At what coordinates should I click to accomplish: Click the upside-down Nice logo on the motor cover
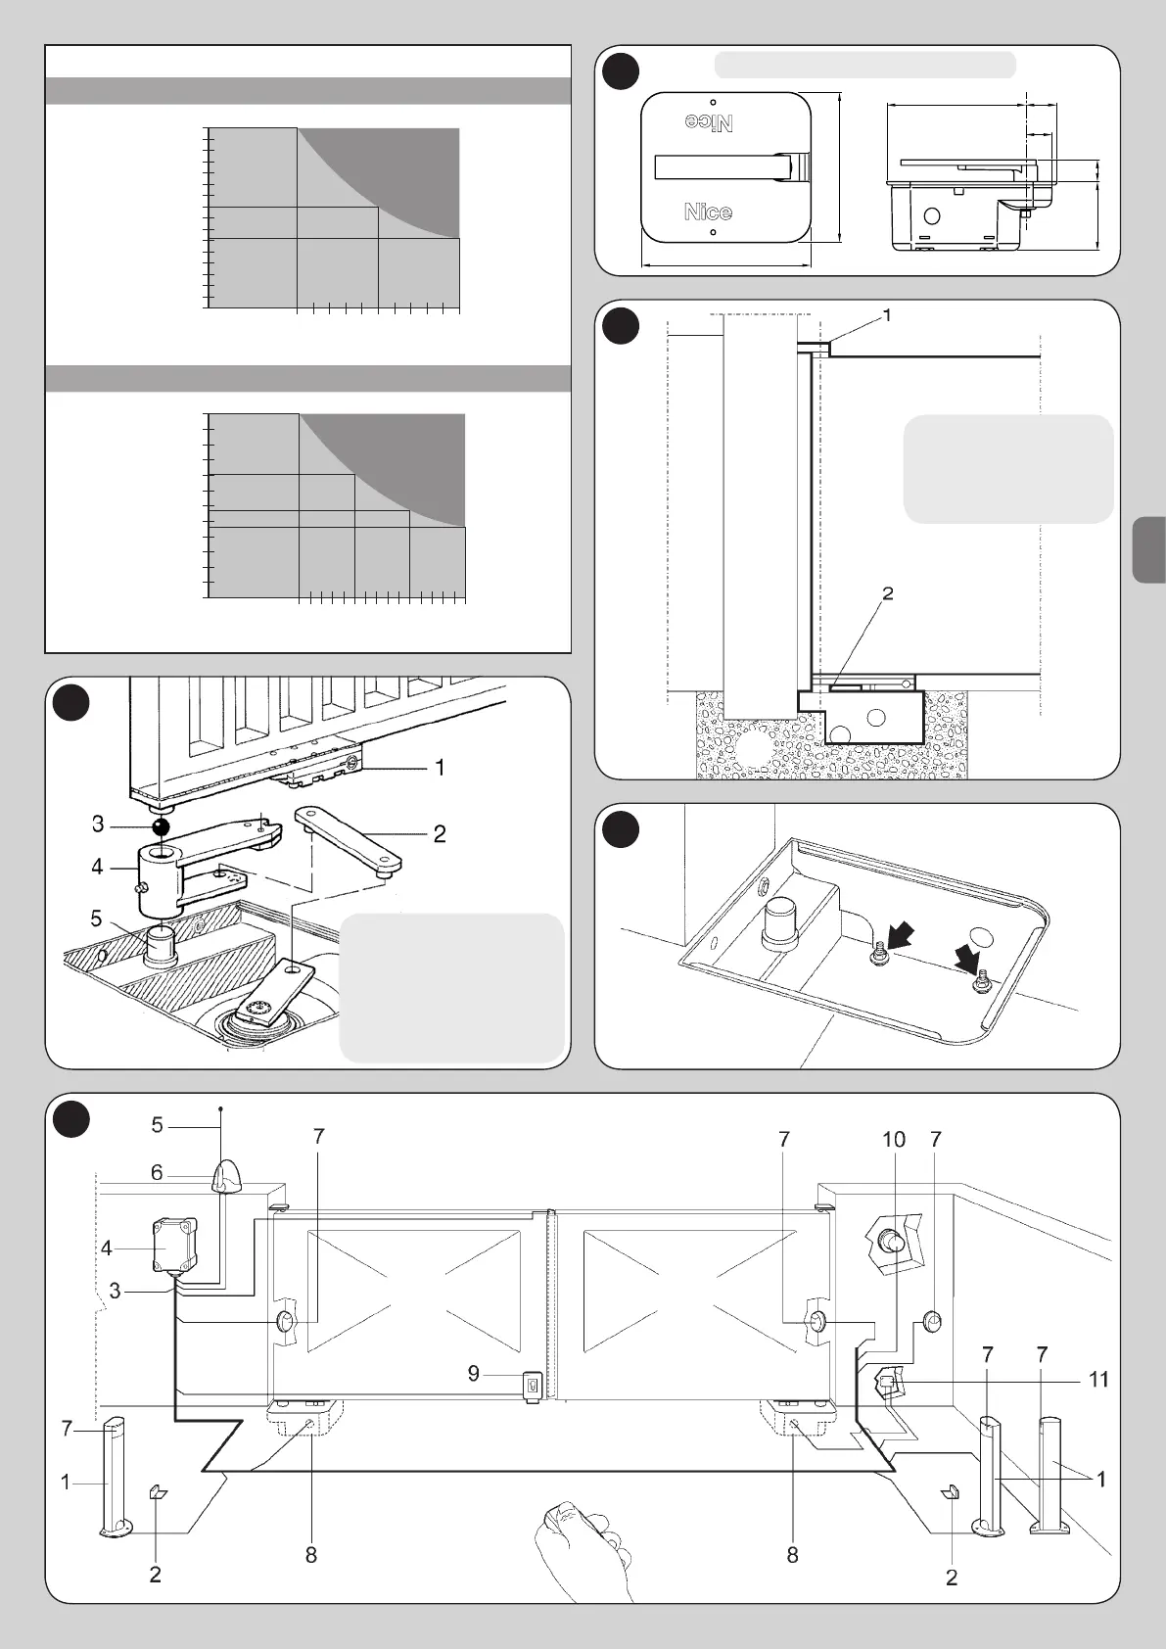708,121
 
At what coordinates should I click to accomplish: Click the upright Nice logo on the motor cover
708,211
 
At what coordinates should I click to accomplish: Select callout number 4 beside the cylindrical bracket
97,867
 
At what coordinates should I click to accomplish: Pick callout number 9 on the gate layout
474,1374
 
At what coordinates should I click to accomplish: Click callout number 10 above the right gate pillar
894,1139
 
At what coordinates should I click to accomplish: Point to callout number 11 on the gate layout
1098,1380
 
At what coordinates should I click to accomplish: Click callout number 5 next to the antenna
157,1125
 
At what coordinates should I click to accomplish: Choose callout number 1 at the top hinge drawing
887,315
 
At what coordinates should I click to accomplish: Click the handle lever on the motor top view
728,167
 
